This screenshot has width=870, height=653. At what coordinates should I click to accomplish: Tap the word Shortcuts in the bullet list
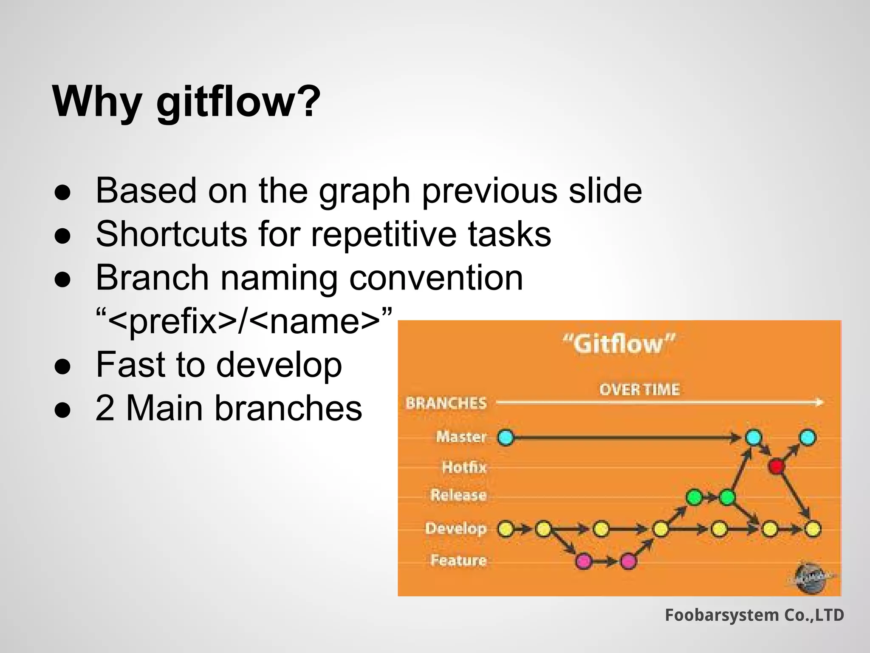click(172, 234)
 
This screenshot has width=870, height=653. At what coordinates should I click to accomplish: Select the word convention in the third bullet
click(436, 278)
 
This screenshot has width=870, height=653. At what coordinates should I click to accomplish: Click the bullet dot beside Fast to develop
click(62, 366)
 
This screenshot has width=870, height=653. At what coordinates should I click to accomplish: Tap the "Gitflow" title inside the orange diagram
click(619, 344)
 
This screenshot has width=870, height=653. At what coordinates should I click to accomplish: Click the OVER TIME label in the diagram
click(639, 389)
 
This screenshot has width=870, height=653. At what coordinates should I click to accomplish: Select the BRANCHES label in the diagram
click(446, 403)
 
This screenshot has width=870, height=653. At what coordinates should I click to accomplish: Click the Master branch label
click(461, 437)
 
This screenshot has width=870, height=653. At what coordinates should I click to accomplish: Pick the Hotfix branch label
click(464, 467)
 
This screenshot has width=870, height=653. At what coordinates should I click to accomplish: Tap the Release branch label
click(458, 495)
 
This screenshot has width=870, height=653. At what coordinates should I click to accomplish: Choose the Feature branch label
click(458, 560)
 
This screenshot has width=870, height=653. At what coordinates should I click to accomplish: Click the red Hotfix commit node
click(776, 466)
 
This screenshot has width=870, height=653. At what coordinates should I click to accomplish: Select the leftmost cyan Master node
click(506, 437)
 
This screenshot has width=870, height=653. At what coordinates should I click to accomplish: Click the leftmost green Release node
click(694, 497)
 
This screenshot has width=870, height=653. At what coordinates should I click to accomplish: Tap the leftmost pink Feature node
click(584, 561)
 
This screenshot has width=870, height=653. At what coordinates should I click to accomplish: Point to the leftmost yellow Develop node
click(506, 529)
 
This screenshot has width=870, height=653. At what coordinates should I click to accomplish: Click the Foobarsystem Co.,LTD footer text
click(754, 615)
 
